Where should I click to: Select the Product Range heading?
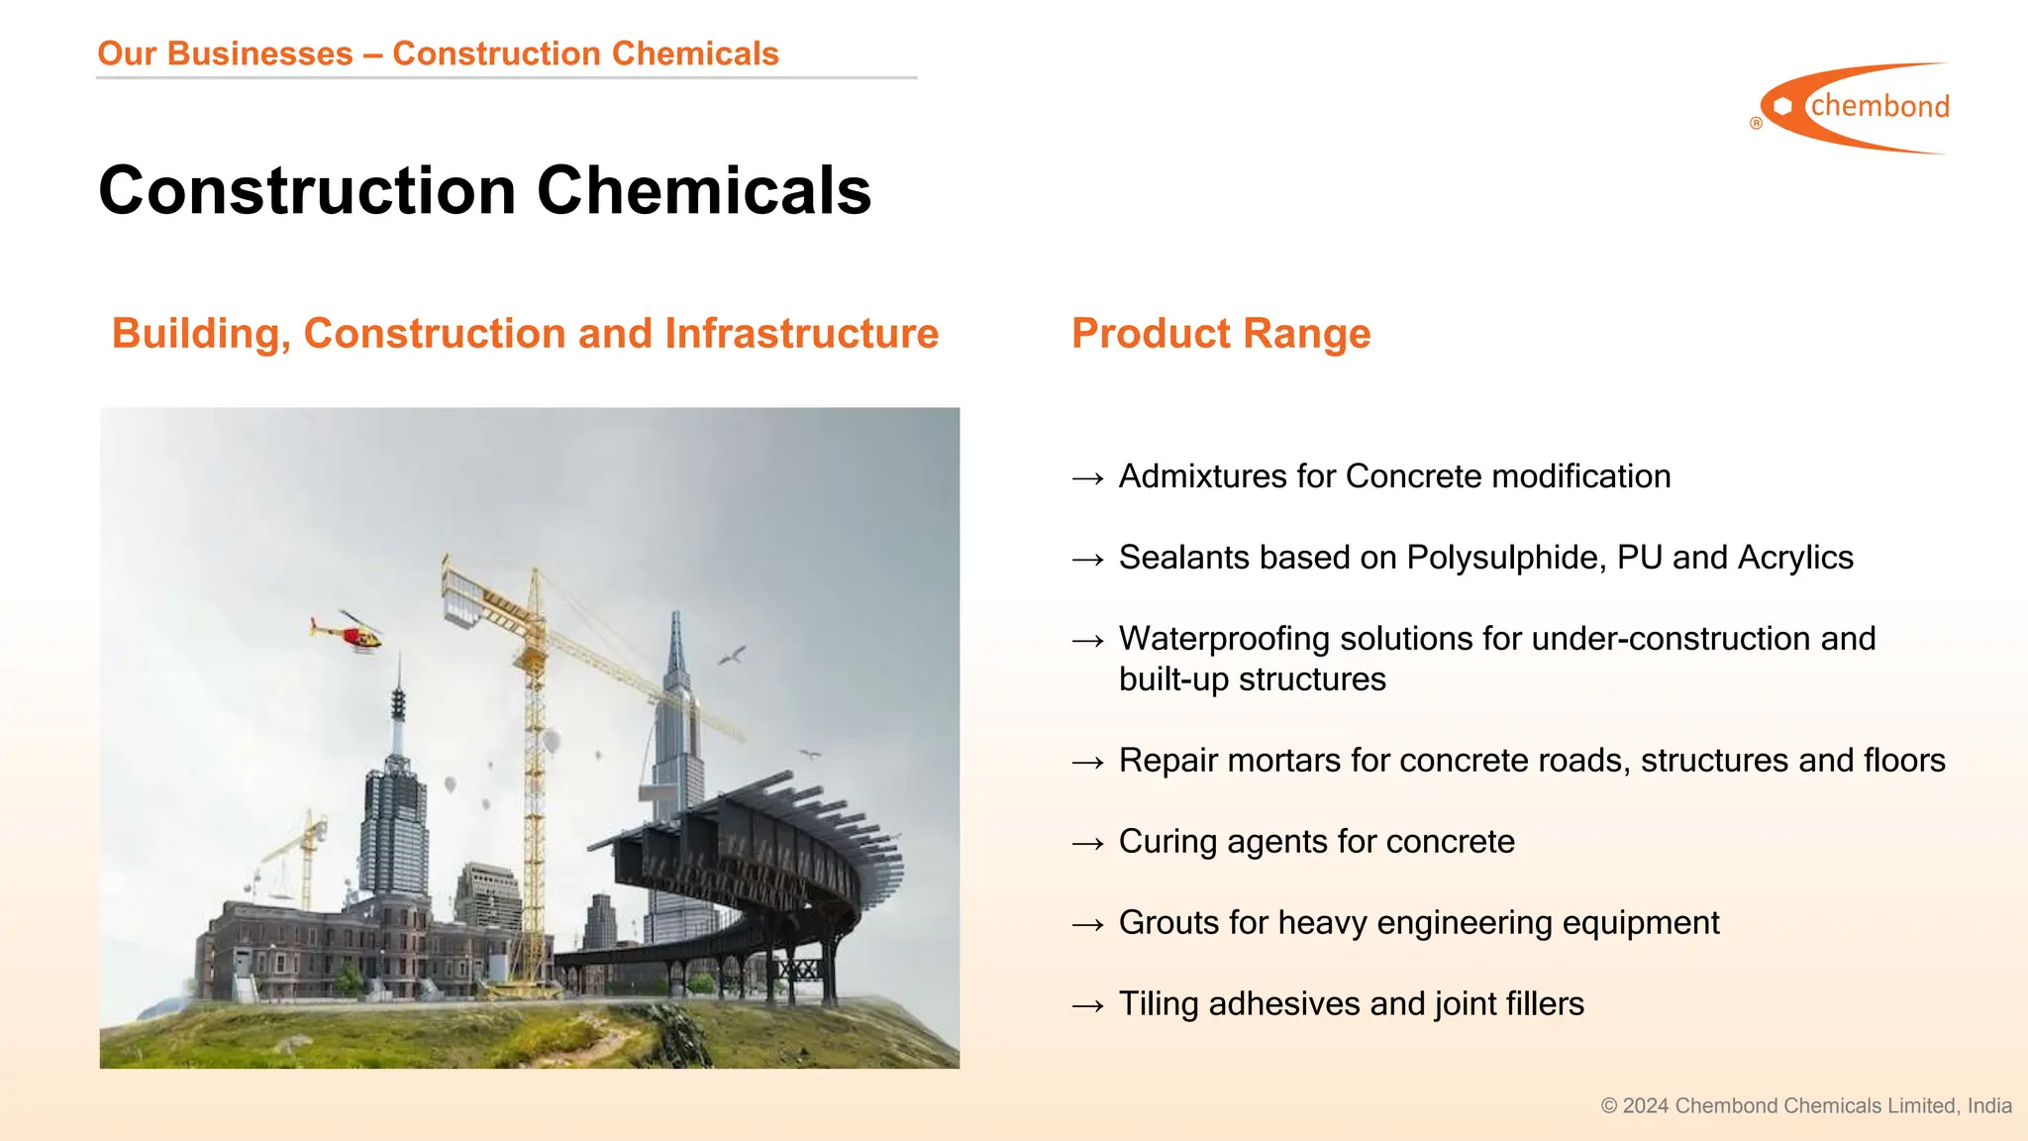click(x=1221, y=334)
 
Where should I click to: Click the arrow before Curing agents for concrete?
click(x=1087, y=843)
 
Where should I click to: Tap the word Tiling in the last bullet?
click(x=1160, y=1004)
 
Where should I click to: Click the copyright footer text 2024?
click(x=1646, y=1106)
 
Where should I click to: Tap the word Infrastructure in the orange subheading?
click(x=801, y=334)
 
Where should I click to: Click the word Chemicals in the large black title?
click(x=704, y=190)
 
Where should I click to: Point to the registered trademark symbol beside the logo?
click(x=1756, y=124)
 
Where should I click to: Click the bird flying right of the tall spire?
click(x=732, y=655)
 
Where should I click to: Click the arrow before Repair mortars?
click(x=1087, y=762)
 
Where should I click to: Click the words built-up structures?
click(x=1252, y=679)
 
